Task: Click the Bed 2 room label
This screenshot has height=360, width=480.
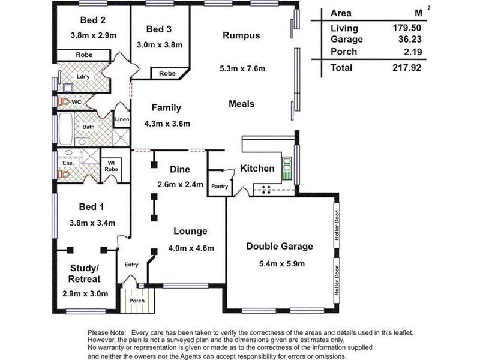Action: (x=93, y=20)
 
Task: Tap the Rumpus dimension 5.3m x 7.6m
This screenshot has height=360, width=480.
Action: (x=242, y=68)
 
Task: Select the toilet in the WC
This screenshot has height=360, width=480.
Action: (x=64, y=101)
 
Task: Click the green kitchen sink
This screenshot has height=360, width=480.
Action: (x=287, y=169)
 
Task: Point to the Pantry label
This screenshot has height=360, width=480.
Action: (x=220, y=186)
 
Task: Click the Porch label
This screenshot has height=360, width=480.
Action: (x=137, y=301)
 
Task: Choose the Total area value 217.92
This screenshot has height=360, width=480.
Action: (x=407, y=68)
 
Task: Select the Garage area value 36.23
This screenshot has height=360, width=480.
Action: (x=410, y=39)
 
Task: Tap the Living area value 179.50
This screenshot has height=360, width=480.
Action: (x=407, y=28)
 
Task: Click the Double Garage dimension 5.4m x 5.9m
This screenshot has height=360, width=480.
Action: (x=281, y=263)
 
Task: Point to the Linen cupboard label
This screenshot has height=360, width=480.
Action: (x=122, y=119)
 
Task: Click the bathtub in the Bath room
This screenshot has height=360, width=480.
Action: (x=65, y=129)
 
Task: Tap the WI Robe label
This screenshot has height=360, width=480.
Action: (x=111, y=166)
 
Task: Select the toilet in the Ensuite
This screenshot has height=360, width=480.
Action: (x=64, y=175)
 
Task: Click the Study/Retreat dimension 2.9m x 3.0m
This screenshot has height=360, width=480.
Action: (x=85, y=294)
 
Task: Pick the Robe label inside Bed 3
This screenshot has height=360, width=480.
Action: (x=167, y=73)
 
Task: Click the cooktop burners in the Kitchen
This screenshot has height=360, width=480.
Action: (x=266, y=190)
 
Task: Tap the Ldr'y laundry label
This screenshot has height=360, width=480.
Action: (x=83, y=77)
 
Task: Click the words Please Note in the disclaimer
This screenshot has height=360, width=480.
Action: (x=107, y=333)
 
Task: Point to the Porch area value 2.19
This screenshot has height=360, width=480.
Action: (x=413, y=52)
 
